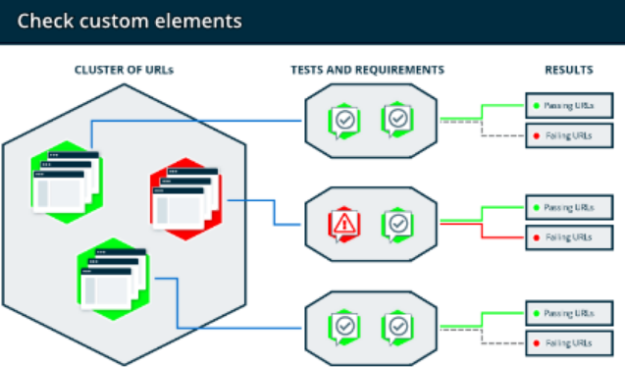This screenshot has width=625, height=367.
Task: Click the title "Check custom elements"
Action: (130, 22)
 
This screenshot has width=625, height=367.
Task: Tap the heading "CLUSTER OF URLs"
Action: (124, 70)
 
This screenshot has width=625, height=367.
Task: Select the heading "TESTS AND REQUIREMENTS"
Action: (368, 70)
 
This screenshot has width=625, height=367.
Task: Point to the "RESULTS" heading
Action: (569, 70)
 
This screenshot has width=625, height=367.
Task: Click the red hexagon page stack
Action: (185, 199)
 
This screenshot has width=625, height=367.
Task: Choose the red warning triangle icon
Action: (344, 224)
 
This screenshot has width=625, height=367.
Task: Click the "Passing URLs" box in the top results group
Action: (569, 106)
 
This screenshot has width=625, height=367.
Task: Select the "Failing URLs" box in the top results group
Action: (569, 135)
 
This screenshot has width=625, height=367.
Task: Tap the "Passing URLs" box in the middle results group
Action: (569, 207)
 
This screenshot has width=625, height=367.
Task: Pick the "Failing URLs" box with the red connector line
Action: (569, 237)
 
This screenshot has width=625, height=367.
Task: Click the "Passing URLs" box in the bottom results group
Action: (569, 313)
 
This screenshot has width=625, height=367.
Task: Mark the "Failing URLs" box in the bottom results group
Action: (569, 343)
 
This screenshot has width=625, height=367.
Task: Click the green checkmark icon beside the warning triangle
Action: (397, 224)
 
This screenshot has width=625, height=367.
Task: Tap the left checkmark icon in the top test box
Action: (344, 121)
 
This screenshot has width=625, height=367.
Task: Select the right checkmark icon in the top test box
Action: (397, 119)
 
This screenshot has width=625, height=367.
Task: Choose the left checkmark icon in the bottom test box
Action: (344, 327)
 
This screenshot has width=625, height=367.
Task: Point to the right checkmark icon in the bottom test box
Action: (397, 327)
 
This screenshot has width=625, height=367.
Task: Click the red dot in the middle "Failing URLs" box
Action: (537, 237)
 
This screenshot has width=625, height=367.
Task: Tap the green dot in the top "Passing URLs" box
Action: (537, 106)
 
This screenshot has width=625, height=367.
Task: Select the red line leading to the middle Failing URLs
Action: (482, 231)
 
